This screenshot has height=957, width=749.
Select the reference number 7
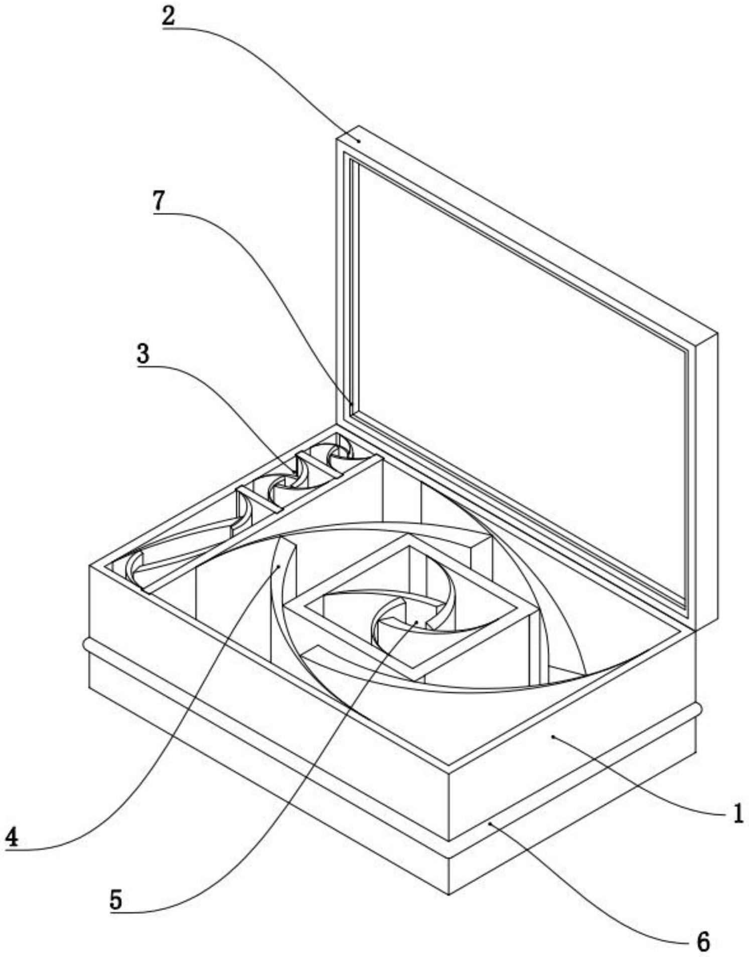[x=159, y=201]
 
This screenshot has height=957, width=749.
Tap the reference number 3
[x=143, y=354]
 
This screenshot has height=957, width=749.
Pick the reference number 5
[x=116, y=899]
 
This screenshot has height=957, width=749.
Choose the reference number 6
[x=704, y=940]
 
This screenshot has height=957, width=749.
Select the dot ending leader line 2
[x=359, y=141]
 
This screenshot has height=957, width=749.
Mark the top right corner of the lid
[x=717, y=333]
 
